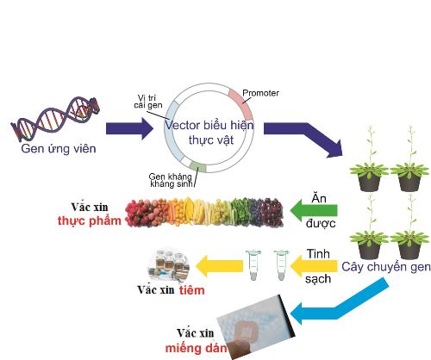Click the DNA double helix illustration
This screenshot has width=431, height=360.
coord(55,119)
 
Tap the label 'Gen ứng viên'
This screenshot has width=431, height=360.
coord(59,149)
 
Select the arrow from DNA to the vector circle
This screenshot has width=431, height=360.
coord(129,128)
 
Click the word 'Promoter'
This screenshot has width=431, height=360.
coord(260,93)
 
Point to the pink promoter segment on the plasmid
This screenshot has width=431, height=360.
coord(243,102)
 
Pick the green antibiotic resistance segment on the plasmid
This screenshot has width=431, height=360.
coord(197,166)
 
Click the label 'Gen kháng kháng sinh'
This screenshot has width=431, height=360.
coord(171,180)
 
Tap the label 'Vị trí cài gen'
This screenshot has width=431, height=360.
coord(148,102)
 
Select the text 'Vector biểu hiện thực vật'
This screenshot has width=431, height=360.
coord(209,133)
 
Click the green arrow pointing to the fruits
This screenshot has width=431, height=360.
coord(314,211)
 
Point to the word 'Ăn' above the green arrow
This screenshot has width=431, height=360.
coord(319,199)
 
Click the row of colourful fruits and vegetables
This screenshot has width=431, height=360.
coord(204,213)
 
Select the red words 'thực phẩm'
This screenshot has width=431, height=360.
coord(90,221)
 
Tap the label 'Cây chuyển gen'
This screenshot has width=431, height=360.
coord(386,267)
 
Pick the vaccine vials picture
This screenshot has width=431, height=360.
coord(168,264)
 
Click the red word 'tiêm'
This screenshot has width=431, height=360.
coord(192,290)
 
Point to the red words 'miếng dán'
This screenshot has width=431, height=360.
coord(196,349)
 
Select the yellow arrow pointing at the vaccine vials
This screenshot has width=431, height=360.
coord(219,266)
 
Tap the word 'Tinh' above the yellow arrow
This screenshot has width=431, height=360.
coord(318,254)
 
